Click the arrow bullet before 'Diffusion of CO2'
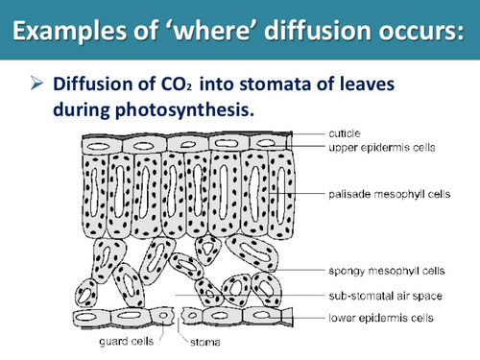pyautogui.click(x=36, y=85)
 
